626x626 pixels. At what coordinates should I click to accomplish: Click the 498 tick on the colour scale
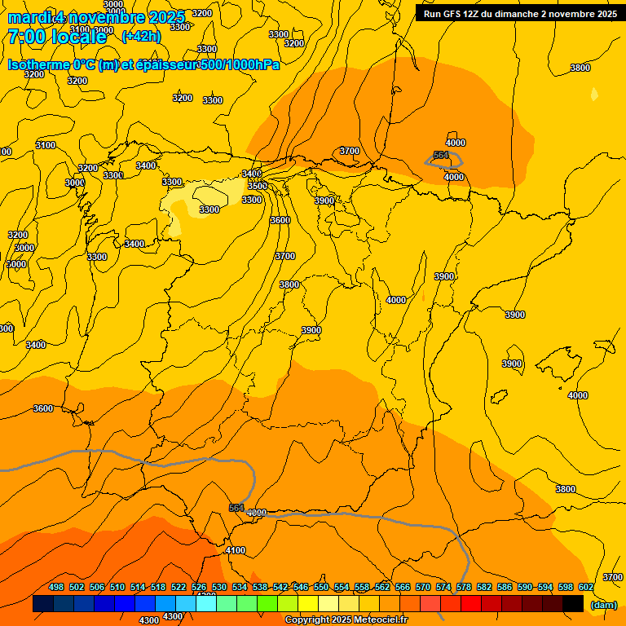click(x=56, y=587)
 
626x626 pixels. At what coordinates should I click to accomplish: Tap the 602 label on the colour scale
click(x=586, y=587)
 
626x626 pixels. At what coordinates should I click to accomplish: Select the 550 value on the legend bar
click(x=321, y=587)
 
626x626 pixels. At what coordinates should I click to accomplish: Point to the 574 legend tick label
click(x=443, y=587)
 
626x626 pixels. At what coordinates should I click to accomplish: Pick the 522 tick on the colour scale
click(x=179, y=587)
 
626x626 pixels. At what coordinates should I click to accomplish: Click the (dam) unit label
click(x=603, y=604)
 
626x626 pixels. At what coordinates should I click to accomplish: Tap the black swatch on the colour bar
click(x=572, y=604)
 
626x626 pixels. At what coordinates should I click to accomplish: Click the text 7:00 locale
click(x=57, y=37)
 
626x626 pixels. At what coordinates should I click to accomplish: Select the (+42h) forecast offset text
click(x=141, y=37)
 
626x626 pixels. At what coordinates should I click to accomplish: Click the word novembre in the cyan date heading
click(x=103, y=16)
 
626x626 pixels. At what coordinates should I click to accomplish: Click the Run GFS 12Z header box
click(x=520, y=13)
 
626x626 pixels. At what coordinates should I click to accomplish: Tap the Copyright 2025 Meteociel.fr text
click(x=346, y=620)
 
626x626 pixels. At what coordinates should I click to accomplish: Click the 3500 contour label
click(x=258, y=186)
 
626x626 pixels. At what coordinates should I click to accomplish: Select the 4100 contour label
click(x=235, y=550)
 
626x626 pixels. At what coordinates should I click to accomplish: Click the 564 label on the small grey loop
click(x=441, y=155)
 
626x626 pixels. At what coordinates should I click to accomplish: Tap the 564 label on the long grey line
click(x=236, y=507)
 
